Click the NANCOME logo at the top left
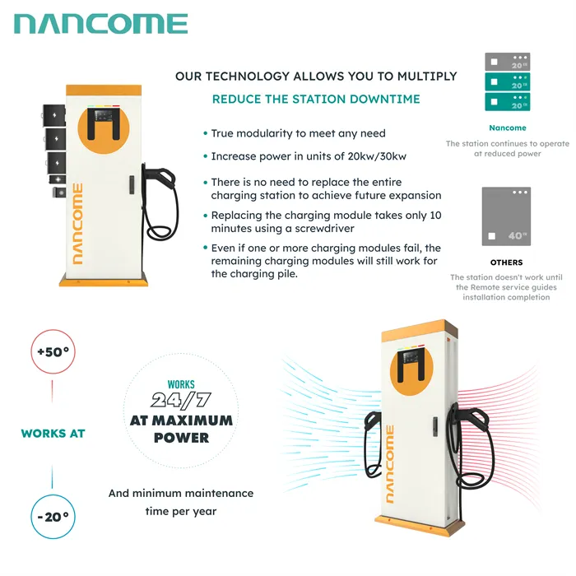101,24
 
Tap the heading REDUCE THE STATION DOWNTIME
316,100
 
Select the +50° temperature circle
53,351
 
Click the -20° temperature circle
53,517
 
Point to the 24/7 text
181,401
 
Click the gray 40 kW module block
506,216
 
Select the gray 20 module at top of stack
508,62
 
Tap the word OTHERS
506,262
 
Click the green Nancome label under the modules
508,128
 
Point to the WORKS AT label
53,434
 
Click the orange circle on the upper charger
104,128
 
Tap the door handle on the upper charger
132,185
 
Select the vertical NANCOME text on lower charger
390,464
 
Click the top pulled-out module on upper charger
54,115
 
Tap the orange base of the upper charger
104,280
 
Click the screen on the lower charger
411,356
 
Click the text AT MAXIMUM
181,420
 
